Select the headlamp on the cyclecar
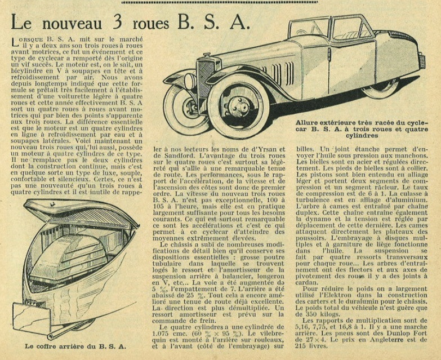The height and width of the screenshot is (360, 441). click(x=190, y=81)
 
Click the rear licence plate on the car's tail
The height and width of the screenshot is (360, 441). click(x=421, y=61)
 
